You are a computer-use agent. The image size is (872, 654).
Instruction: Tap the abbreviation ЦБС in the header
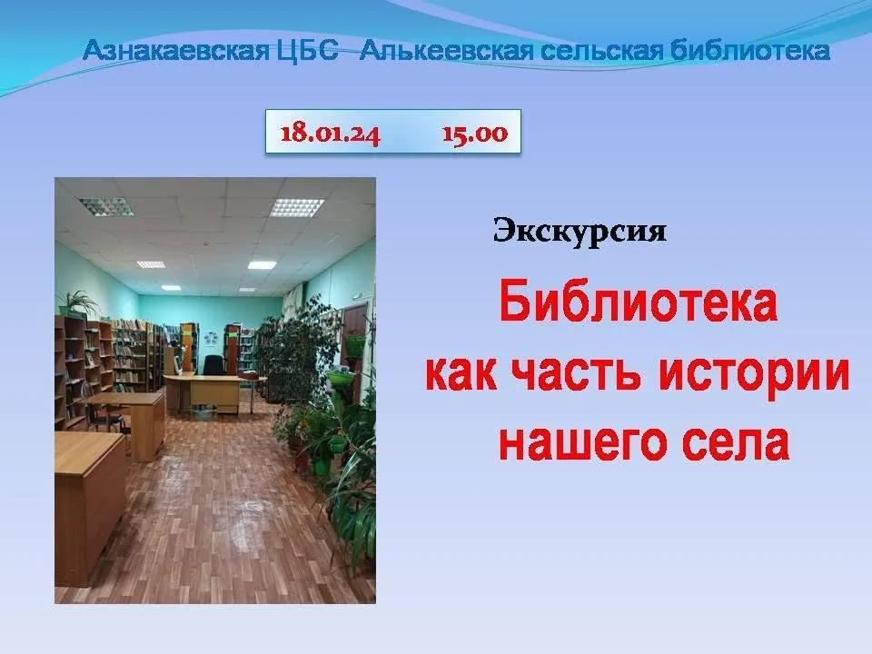[x=308, y=51]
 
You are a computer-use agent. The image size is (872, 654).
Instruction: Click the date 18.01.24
[x=331, y=134]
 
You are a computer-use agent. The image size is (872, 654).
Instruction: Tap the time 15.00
[x=475, y=134]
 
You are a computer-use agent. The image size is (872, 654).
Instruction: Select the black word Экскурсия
[x=580, y=231]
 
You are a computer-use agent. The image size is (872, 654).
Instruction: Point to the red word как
[x=461, y=373]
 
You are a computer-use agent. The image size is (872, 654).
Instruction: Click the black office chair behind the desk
[x=213, y=365]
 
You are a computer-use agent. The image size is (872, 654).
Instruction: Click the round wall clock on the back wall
[x=212, y=338]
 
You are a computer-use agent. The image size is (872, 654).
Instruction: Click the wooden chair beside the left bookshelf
[x=103, y=415]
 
